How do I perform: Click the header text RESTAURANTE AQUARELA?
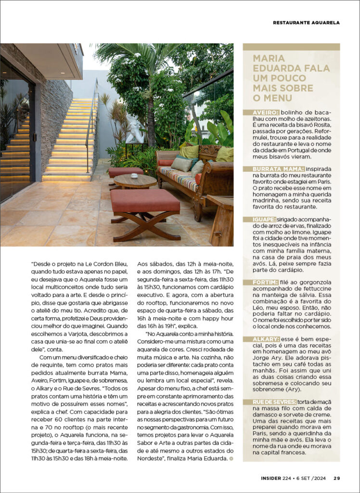coord(306,23)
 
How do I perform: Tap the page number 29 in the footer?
coord(337,478)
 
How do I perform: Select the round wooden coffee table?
coord(135,181)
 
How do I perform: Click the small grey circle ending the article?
coord(231,458)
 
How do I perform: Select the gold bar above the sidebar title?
coord(291,47)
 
